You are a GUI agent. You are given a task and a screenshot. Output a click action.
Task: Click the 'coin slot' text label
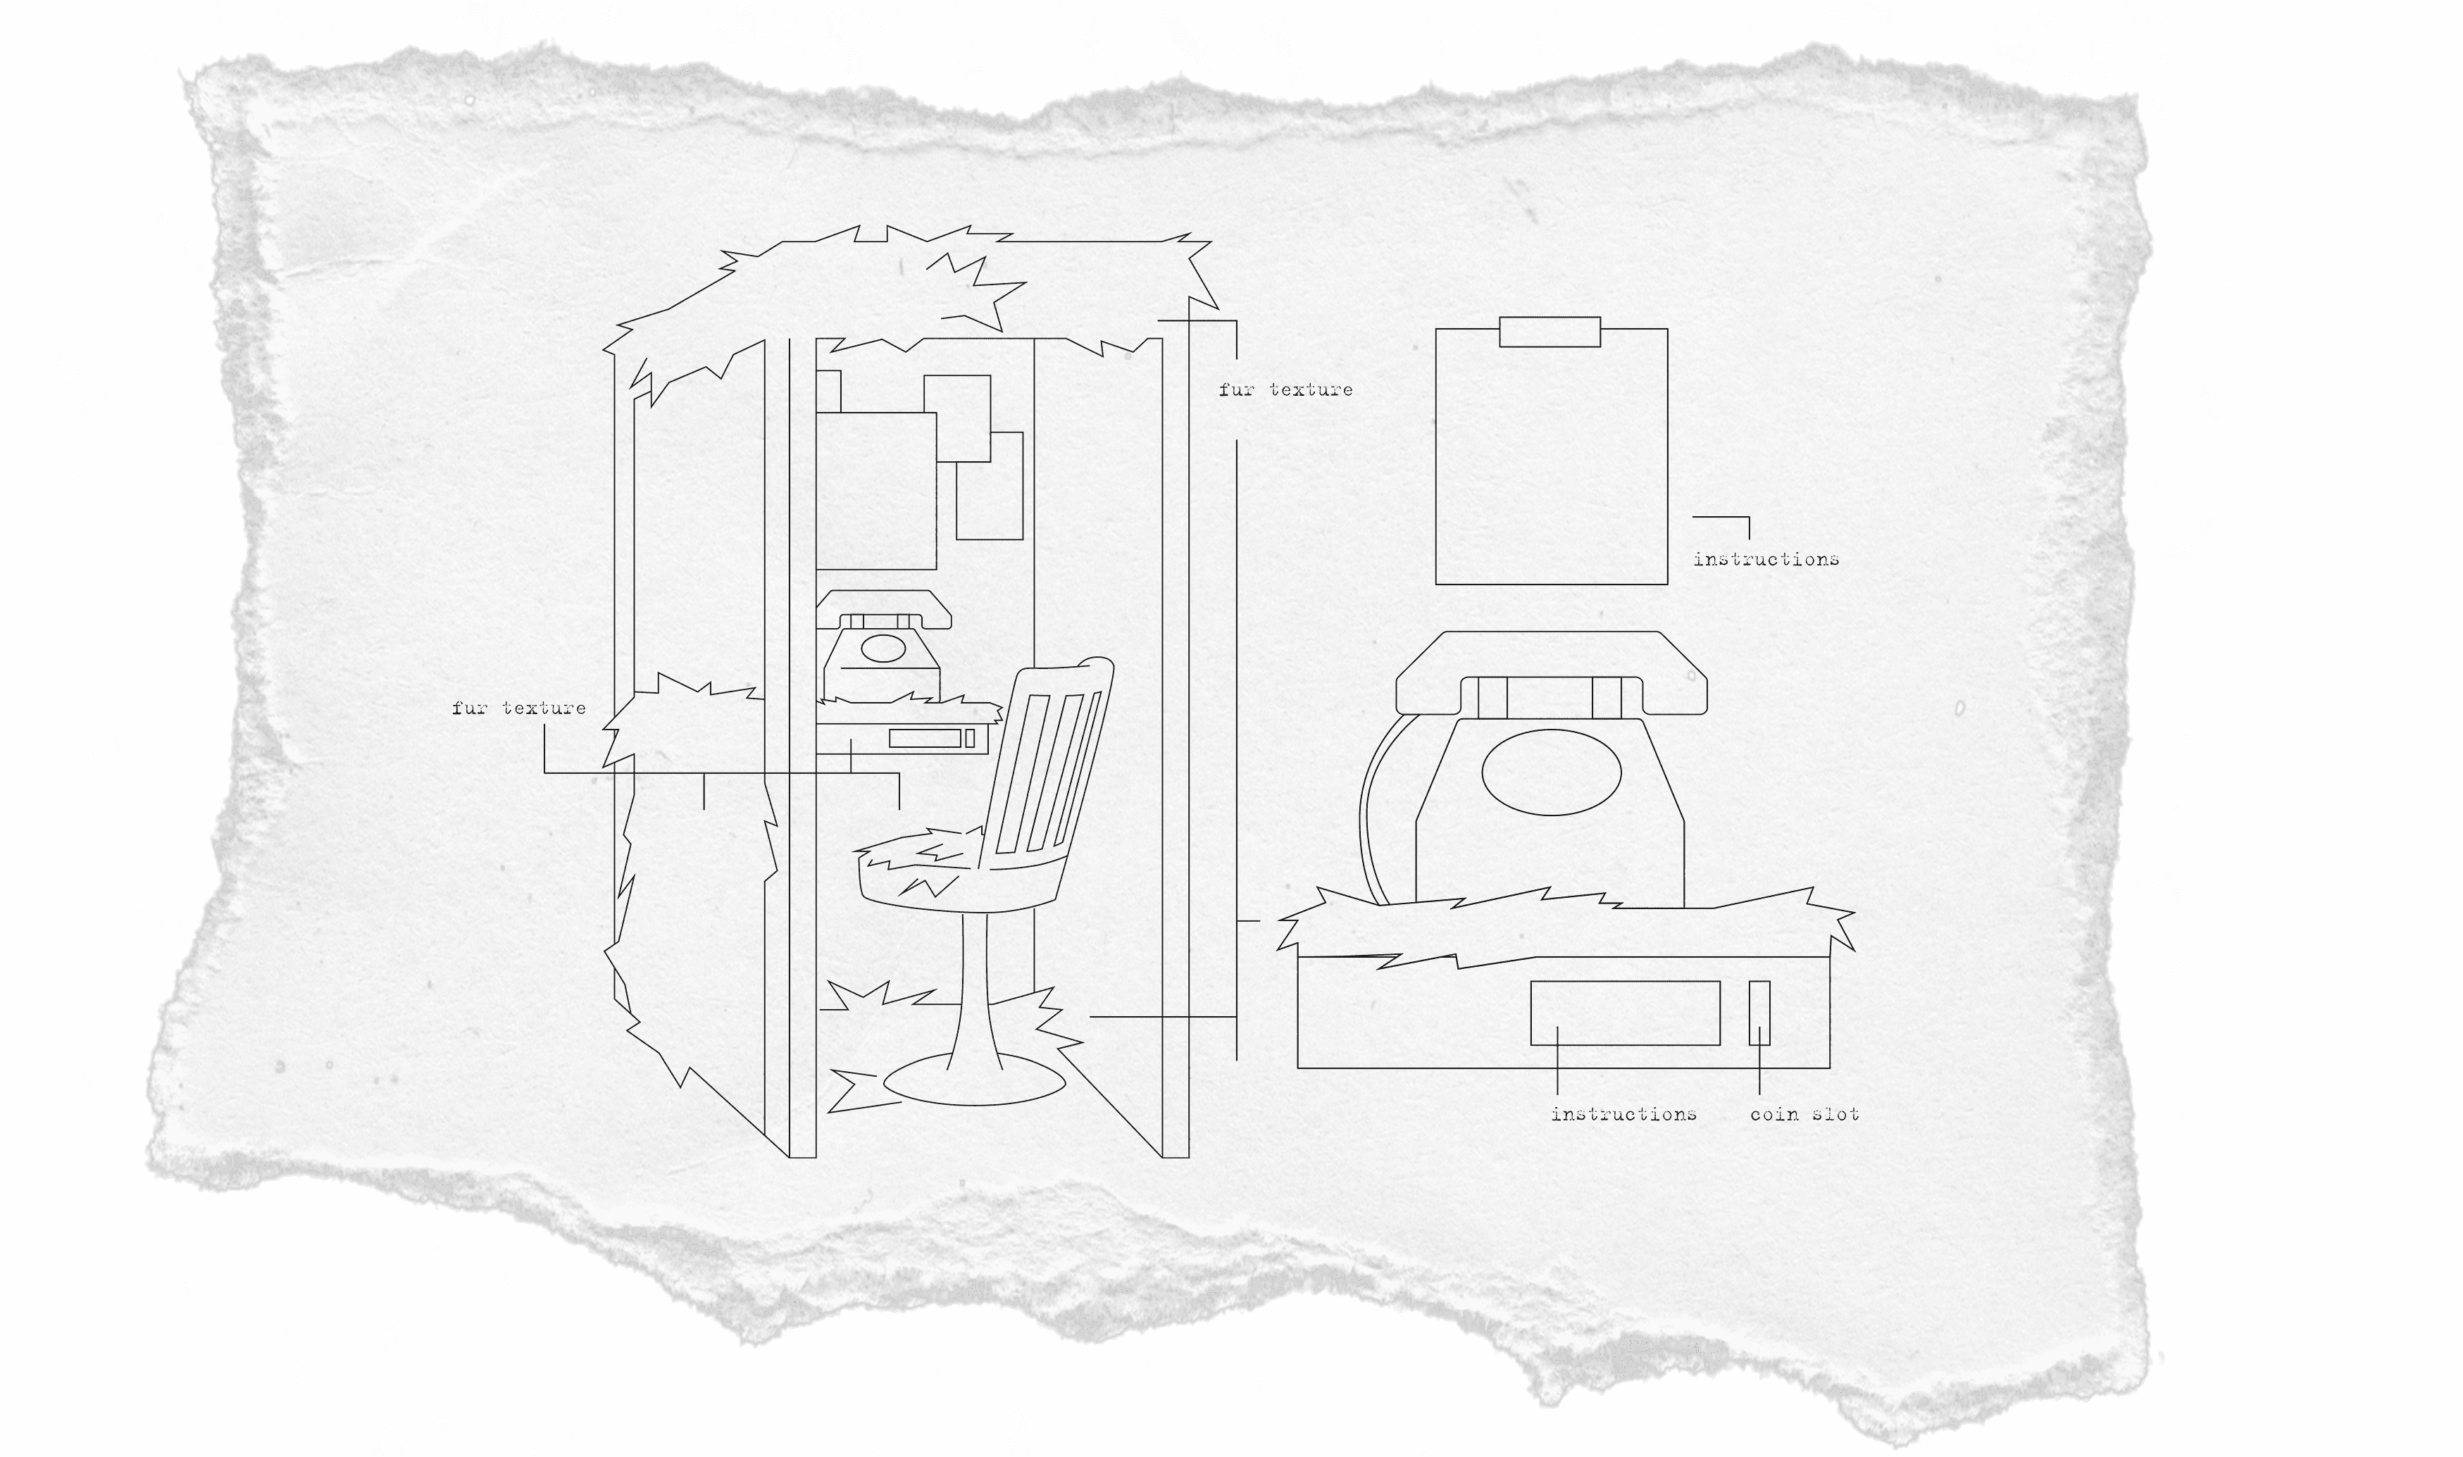click(1804, 1114)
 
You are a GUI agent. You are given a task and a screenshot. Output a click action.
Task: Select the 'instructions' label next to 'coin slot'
click(1623, 1114)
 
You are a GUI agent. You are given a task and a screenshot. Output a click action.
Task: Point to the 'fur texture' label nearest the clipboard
click(1285, 389)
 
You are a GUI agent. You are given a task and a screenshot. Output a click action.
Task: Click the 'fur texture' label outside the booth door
click(518, 708)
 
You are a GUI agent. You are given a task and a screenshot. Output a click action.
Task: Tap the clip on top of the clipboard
click(1549, 332)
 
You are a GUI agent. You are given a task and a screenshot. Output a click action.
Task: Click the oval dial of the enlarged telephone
click(1550, 772)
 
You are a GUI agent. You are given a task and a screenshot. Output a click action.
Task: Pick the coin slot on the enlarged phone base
click(1759, 1012)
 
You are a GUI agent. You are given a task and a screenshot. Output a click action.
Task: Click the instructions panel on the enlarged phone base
click(1625, 1012)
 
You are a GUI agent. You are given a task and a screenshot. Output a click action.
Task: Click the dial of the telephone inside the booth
click(882, 648)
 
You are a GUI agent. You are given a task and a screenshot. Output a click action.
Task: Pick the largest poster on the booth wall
click(875, 491)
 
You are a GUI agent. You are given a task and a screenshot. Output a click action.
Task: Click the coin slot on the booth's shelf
click(970, 738)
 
